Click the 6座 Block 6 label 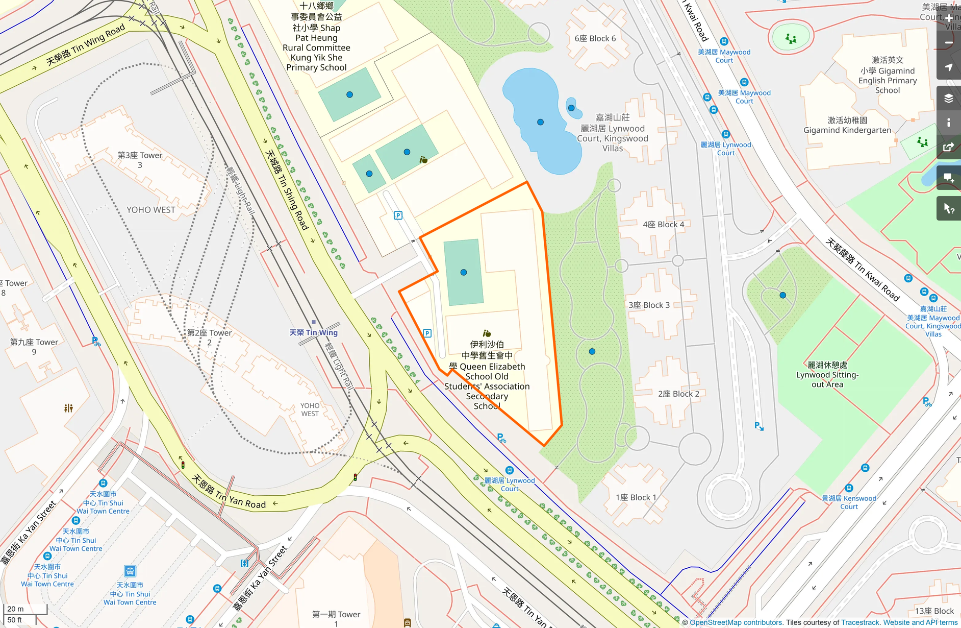click(x=595, y=38)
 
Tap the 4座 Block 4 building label click(x=663, y=224)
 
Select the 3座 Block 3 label click(x=649, y=305)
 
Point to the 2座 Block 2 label click(x=678, y=394)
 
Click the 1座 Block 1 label click(x=636, y=497)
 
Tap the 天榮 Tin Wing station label click(x=313, y=332)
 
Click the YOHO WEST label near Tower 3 click(x=150, y=210)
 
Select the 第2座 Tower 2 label click(x=209, y=337)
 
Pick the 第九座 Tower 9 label click(x=34, y=347)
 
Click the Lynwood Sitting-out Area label click(x=827, y=375)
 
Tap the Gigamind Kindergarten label click(x=847, y=125)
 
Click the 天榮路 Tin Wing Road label click(x=85, y=45)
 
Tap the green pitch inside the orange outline click(x=463, y=272)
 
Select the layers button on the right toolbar click(x=948, y=98)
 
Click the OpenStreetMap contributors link click(x=736, y=622)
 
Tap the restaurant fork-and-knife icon click(x=68, y=408)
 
